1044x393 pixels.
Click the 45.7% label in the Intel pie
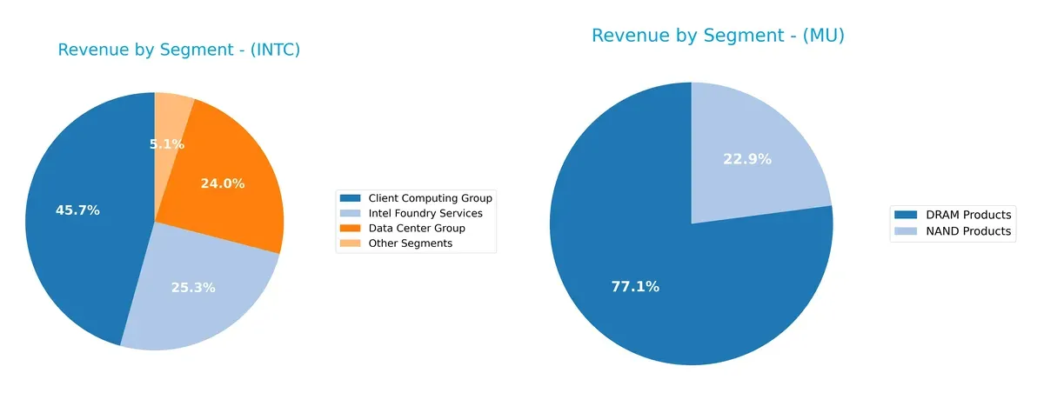77,210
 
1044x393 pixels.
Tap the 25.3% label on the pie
193,287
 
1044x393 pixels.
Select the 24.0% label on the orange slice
223,183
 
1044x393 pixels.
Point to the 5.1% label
167,144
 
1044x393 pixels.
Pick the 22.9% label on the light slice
747,159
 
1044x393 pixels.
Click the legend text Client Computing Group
430,198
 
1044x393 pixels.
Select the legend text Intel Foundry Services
425,213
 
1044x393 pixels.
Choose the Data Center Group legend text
417,228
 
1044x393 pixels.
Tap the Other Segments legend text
410,243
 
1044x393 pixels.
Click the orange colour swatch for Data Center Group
351,228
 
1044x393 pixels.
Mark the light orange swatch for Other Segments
351,243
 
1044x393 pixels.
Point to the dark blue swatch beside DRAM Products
905,215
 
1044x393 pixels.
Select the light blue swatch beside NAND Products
905,231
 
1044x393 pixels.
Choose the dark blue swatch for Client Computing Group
351,198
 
